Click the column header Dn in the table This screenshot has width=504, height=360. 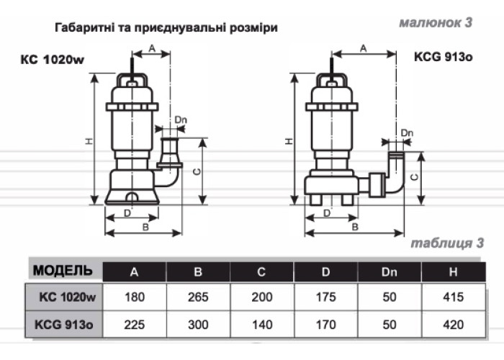click(388, 271)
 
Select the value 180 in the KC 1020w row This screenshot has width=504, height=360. click(134, 297)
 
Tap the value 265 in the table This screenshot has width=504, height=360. click(197, 297)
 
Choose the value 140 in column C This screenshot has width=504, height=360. click(261, 324)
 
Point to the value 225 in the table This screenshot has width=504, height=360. click(134, 324)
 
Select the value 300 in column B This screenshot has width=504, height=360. click(197, 324)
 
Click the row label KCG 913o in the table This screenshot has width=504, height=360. click(64, 325)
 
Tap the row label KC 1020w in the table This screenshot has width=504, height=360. click(68, 297)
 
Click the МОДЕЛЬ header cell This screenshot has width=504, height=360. click(63, 271)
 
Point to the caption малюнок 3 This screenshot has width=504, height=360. click(436, 22)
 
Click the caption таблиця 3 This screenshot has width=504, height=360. click(441, 243)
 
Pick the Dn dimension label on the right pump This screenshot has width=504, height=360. click(407, 132)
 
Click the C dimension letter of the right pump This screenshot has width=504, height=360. click(413, 175)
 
